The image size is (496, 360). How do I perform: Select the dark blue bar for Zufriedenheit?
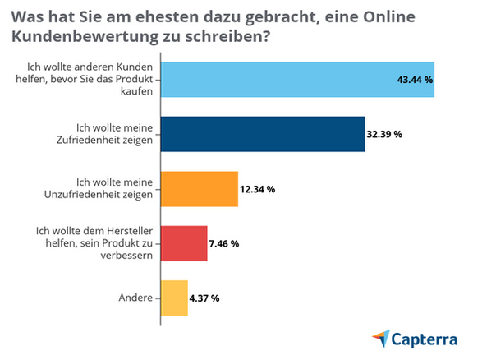pyautogui.click(x=262, y=134)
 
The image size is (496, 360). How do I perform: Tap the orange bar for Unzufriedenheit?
pyautogui.click(x=199, y=189)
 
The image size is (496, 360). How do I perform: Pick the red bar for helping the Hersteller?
pyautogui.click(x=184, y=243)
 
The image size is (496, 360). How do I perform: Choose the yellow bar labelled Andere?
pyautogui.click(x=174, y=298)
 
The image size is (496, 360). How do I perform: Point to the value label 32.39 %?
pyautogui.click(x=384, y=134)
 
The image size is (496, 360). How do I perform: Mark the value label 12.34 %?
pyautogui.click(x=258, y=189)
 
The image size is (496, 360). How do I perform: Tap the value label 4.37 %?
pyautogui.click(x=204, y=298)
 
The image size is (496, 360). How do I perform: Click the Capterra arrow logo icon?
pyautogui.click(x=381, y=338)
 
